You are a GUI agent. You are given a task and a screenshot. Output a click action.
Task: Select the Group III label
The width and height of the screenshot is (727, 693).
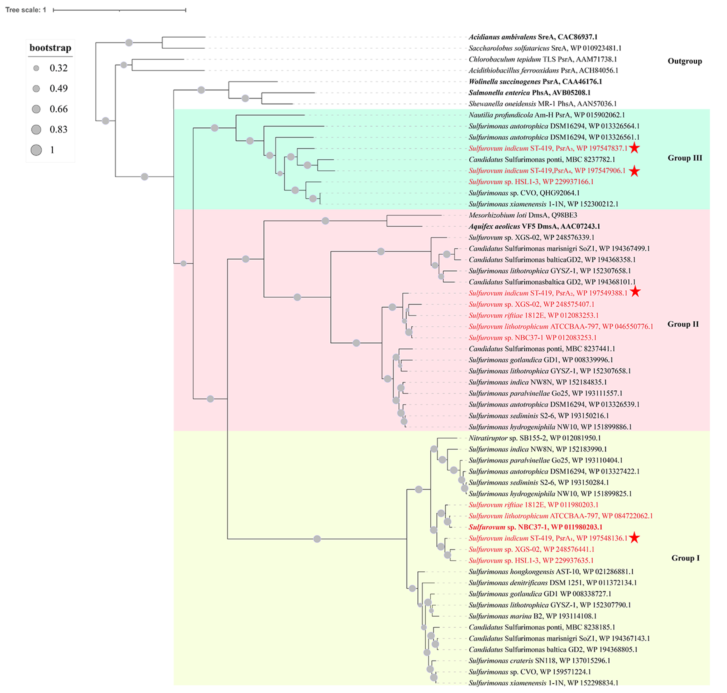[684, 158]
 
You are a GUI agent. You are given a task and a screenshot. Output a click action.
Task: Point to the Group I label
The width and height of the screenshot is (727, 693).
[685, 558]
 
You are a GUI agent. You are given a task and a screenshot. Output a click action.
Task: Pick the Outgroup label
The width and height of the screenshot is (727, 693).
[684, 61]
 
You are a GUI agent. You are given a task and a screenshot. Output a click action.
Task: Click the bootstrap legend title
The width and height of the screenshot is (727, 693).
[50, 48]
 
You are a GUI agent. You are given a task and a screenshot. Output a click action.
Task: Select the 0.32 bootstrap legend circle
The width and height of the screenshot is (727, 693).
[36, 68]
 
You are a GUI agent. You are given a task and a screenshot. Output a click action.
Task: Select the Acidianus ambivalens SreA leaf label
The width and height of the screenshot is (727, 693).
[533, 37]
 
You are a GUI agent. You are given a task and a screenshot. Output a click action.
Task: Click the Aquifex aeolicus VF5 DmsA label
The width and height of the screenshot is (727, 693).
[534, 226]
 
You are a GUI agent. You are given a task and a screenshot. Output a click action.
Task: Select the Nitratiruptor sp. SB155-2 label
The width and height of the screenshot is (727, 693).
[534, 438]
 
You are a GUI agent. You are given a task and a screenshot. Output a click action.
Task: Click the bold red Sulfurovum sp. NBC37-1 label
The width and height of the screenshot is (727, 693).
[535, 527]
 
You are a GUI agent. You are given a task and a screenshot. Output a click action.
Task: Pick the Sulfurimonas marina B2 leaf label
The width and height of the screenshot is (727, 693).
[532, 616]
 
